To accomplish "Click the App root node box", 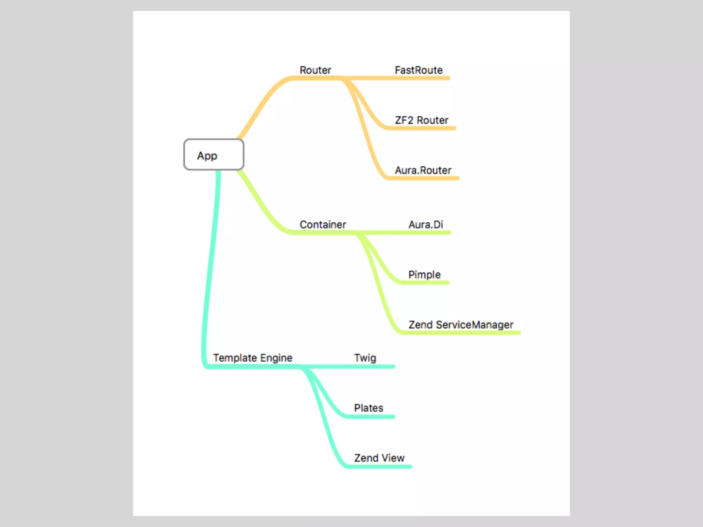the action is pyautogui.click(x=214, y=154).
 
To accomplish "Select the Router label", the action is pyautogui.click(x=315, y=70).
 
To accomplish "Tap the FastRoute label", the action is pyautogui.click(x=418, y=70).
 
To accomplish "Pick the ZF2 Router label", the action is pyautogui.click(x=421, y=120).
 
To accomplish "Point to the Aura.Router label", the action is pyautogui.click(x=423, y=170).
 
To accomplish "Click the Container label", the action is pyautogui.click(x=323, y=224).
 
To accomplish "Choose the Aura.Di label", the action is pyautogui.click(x=426, y=224).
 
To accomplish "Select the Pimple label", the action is pyautogui.click(x=424, y=274).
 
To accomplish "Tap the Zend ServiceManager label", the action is pyautogui.click(x=461, y=325).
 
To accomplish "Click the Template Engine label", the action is pyautogui.click(x=253, y=358).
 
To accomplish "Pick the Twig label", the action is pyautogui.click(x=365, y=358).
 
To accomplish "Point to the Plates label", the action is pyautogui.click(x=368, y=408).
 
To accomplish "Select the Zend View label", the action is pyautogui.click(x=379, y=458).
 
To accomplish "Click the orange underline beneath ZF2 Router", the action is pyautogui.click(x=422, y=128).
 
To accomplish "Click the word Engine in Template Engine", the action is pyautogui.click(x=276, y=358).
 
